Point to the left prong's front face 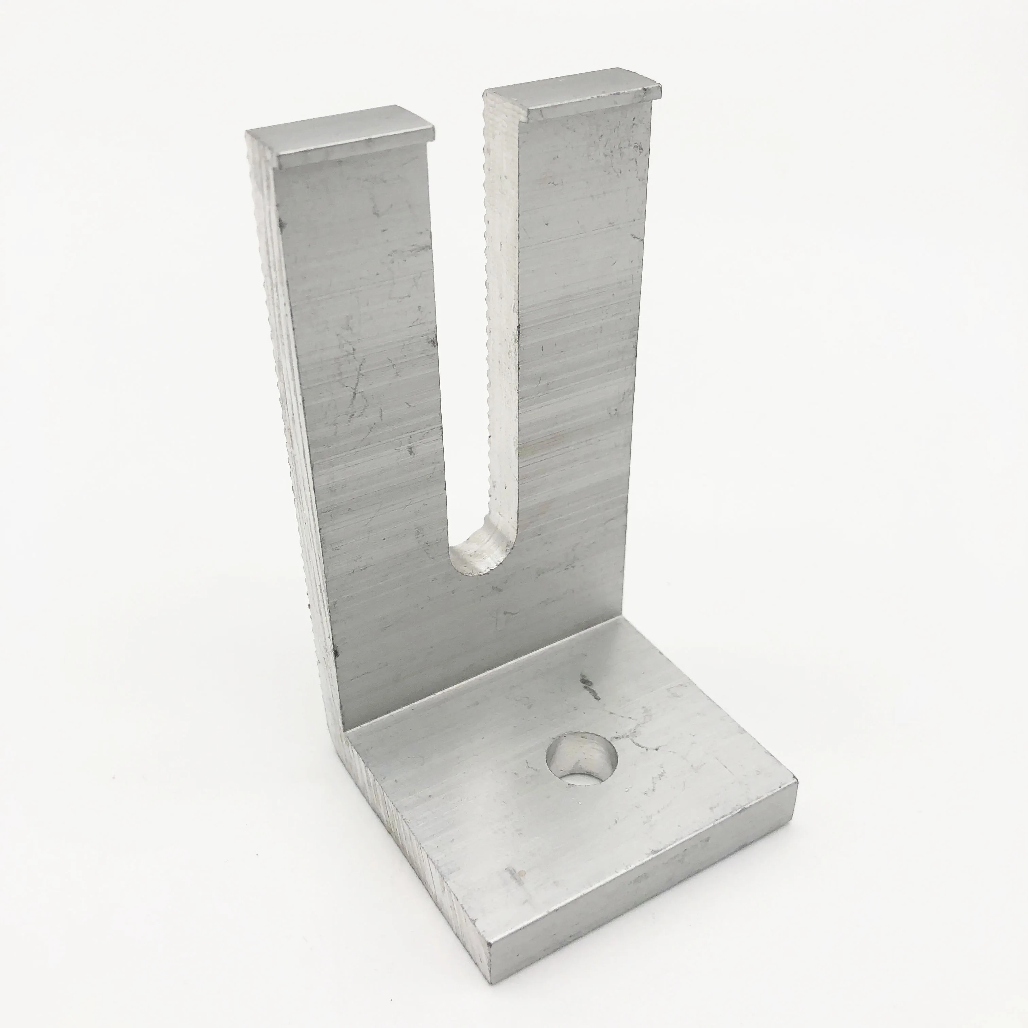362,373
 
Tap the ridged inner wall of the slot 500,319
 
